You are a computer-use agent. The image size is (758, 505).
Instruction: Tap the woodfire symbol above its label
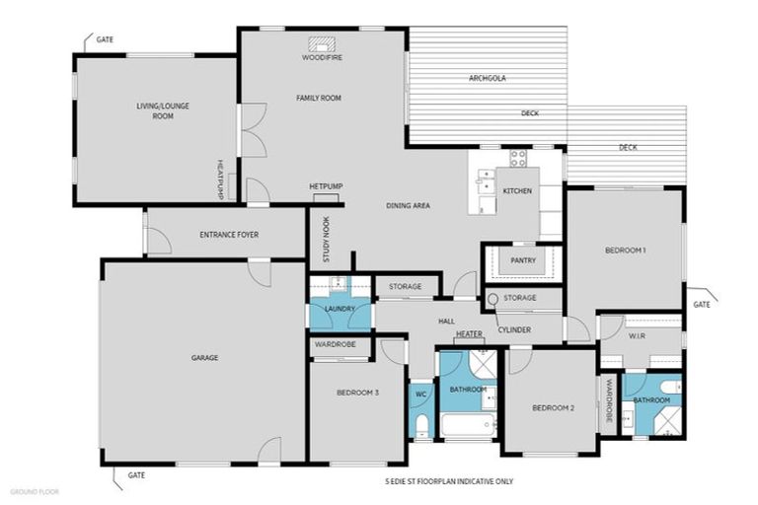321,44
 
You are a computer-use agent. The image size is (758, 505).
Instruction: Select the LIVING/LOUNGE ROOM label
155,109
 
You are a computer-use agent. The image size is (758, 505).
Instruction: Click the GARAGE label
204,357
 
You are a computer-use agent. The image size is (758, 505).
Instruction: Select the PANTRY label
523,260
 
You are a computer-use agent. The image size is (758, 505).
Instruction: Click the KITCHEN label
518,190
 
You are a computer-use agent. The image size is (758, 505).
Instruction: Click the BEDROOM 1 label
625,251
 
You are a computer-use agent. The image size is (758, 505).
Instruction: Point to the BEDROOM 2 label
553,407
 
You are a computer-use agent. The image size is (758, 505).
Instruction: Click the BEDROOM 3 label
357,393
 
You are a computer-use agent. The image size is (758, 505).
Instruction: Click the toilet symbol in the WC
420,425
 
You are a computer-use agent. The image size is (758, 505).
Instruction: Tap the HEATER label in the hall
469,334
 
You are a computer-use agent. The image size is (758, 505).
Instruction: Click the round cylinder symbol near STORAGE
493,299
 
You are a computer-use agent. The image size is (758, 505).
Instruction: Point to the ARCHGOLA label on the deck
488,78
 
